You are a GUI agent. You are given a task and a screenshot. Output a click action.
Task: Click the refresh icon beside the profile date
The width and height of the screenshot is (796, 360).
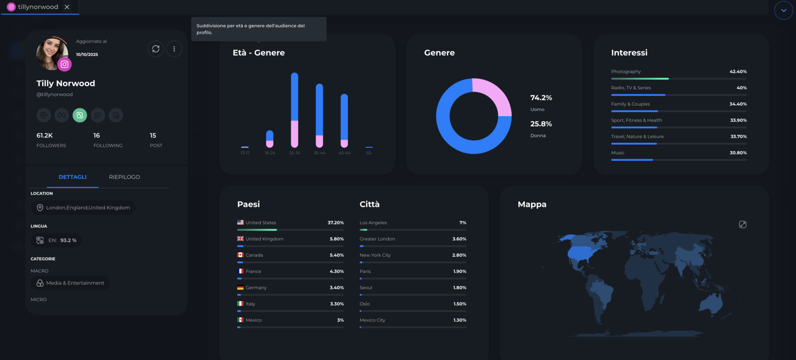[x=155, y=49]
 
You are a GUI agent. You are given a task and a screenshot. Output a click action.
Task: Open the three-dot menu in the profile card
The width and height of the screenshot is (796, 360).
[x=174, y=49]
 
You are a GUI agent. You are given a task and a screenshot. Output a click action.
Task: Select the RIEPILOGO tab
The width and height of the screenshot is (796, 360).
[x=124, y=177]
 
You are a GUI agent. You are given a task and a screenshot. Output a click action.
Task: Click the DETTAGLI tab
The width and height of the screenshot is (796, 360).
[x=73, y=177]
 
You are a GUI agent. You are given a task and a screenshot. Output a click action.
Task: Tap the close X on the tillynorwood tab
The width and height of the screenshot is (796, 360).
[x=67, y=7]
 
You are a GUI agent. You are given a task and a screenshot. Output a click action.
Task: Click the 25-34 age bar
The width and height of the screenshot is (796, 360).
[x=294, y=110]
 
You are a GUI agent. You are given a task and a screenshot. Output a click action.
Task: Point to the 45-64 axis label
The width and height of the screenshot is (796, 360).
[x=344, y=153]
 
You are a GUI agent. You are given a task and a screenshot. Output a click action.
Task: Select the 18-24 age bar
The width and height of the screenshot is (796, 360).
[x=269, y=139]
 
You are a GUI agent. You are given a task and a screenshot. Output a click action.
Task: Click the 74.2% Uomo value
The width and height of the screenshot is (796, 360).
[x=541, y=98]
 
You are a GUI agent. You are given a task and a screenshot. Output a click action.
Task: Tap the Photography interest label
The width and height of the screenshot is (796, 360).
[x=626, y=72]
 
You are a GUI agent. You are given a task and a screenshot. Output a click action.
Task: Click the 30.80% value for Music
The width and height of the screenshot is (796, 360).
[x=738, y=153]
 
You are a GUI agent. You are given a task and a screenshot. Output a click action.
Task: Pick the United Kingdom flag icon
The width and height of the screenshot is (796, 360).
[x=240, y=239]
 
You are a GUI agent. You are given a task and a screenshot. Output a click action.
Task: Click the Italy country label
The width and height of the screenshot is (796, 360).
[x=250, y=304]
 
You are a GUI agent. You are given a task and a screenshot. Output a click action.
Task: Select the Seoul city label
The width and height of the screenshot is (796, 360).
[x=366, y=288]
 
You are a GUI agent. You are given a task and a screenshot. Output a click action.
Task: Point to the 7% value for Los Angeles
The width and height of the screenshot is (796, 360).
[x=463, y=223]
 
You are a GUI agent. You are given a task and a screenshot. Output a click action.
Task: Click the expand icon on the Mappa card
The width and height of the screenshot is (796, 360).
[x=743, y=224]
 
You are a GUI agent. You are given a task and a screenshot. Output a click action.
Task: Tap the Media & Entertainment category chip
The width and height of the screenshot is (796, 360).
[x=70, y=283]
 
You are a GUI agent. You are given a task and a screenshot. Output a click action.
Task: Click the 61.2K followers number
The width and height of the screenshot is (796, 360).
[x=45, y=136]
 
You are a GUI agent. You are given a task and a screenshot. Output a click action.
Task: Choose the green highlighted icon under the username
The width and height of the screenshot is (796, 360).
[x=80, y=115]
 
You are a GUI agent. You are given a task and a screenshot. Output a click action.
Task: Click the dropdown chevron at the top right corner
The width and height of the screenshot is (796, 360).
[x=783, y=10]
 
